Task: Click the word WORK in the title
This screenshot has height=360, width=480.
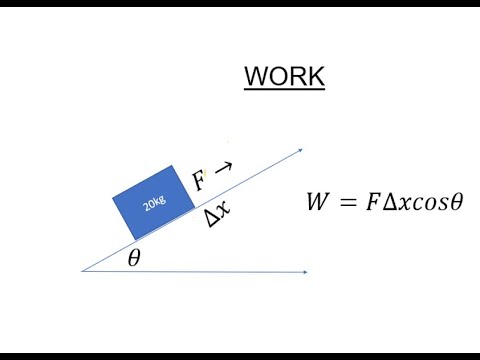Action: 285,76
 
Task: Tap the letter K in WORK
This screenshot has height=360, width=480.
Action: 313,76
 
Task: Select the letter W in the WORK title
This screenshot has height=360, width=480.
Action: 257,76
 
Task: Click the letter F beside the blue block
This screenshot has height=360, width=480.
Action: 199,181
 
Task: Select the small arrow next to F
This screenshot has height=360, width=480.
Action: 223,168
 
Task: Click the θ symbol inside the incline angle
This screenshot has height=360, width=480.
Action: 134,258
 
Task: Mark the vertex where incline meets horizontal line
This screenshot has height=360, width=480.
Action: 82,271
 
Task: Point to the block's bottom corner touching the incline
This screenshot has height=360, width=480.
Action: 134,239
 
